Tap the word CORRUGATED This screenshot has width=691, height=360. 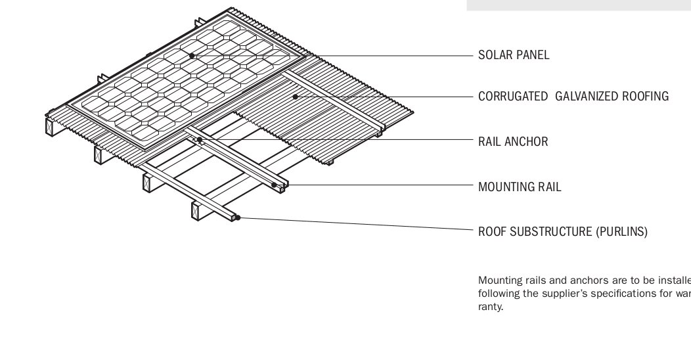pos(512,97)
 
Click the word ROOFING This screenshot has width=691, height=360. pos(648,97)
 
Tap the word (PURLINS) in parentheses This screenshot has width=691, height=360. pos(621,231)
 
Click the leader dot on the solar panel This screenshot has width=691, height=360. pos(192,56)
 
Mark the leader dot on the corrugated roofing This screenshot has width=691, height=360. pos(296,97)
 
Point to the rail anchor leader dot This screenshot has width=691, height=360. pos(198,139)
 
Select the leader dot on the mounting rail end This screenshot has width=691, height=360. pos(274,185)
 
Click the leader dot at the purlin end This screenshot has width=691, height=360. pos(238,217)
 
